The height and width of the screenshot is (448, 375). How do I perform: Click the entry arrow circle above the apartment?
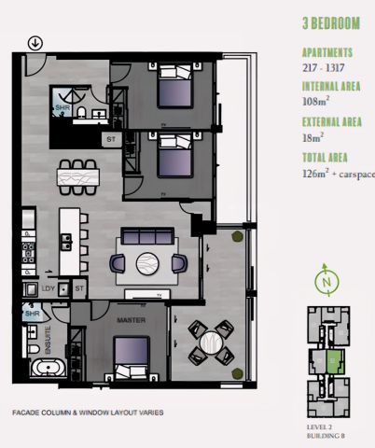(x=35, y=42)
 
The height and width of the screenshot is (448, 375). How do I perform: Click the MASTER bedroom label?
(x=128, y=320)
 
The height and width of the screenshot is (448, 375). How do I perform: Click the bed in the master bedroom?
(x=132, y=359)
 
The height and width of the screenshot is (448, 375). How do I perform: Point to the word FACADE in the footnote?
(x=29, y=412)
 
